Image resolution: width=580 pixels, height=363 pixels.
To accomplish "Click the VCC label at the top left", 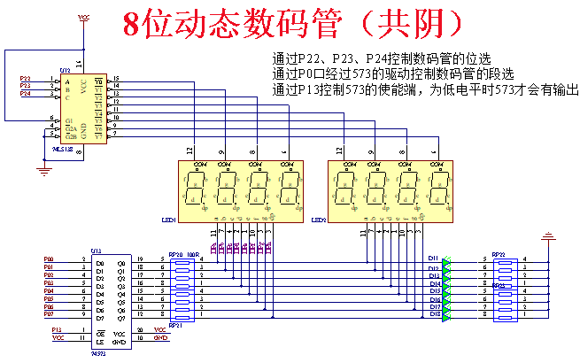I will [84, 17].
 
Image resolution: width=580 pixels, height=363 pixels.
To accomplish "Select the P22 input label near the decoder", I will [25, 79].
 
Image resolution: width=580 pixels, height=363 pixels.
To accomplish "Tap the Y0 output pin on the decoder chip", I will [98, 81].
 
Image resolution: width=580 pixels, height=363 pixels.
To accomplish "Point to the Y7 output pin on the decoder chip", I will [98, 136].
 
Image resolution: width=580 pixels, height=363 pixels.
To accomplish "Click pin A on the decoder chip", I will [67, 81].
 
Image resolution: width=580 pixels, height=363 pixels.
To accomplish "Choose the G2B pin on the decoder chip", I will [71, 136].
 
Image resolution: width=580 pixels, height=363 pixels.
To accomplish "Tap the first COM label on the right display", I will [350, 165].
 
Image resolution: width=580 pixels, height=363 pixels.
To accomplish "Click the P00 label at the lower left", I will [49, 259].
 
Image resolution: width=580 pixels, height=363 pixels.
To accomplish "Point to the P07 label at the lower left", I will [49, 314].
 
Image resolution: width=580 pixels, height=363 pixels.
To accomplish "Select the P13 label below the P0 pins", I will [58, 330].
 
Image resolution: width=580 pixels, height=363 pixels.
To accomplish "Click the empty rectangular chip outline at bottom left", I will [112, 301].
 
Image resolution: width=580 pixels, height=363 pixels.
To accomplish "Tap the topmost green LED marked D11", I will [447, 260].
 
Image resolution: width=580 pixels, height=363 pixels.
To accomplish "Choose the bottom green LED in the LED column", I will [447, 316].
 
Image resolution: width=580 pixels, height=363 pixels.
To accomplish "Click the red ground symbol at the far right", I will [549, 237].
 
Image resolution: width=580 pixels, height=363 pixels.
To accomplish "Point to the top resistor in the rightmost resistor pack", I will [505, 260].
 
